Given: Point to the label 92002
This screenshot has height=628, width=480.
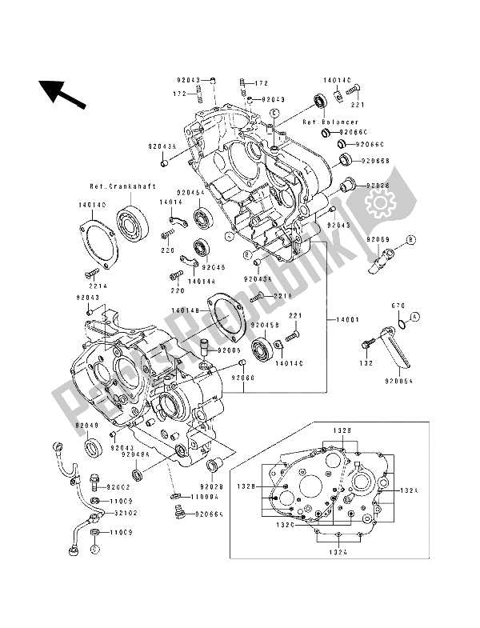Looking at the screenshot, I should (x=114, y=487).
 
